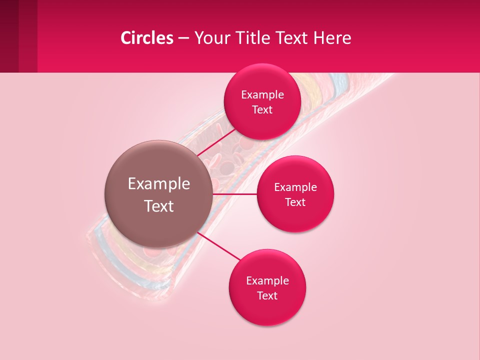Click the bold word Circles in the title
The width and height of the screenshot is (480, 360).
pyautogui.click(x=147, y=38)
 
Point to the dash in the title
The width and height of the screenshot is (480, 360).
pyautogui.click(x=183, y=38)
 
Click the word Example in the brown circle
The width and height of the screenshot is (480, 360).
pyautogui.click(x=159, y=184)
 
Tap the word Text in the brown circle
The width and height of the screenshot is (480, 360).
pyautogui.click(x=159, y=206)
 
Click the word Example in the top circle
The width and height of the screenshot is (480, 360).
pyautogui.click(x=262, y=95)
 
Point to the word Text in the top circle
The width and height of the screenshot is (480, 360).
pyautogui.click(x=262, y=110)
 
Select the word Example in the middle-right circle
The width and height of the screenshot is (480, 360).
pyautogui.click(x=295, y=187)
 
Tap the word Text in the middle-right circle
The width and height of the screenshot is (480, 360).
pyautogui.click(x=295, y=202)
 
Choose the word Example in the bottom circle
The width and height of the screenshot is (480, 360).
pyautogui.click(x=267, y=281)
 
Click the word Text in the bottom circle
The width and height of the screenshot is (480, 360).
pyautogui.click(x=267, y=296)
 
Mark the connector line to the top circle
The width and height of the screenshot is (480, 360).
pyautogui.click(x=216, y=142)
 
